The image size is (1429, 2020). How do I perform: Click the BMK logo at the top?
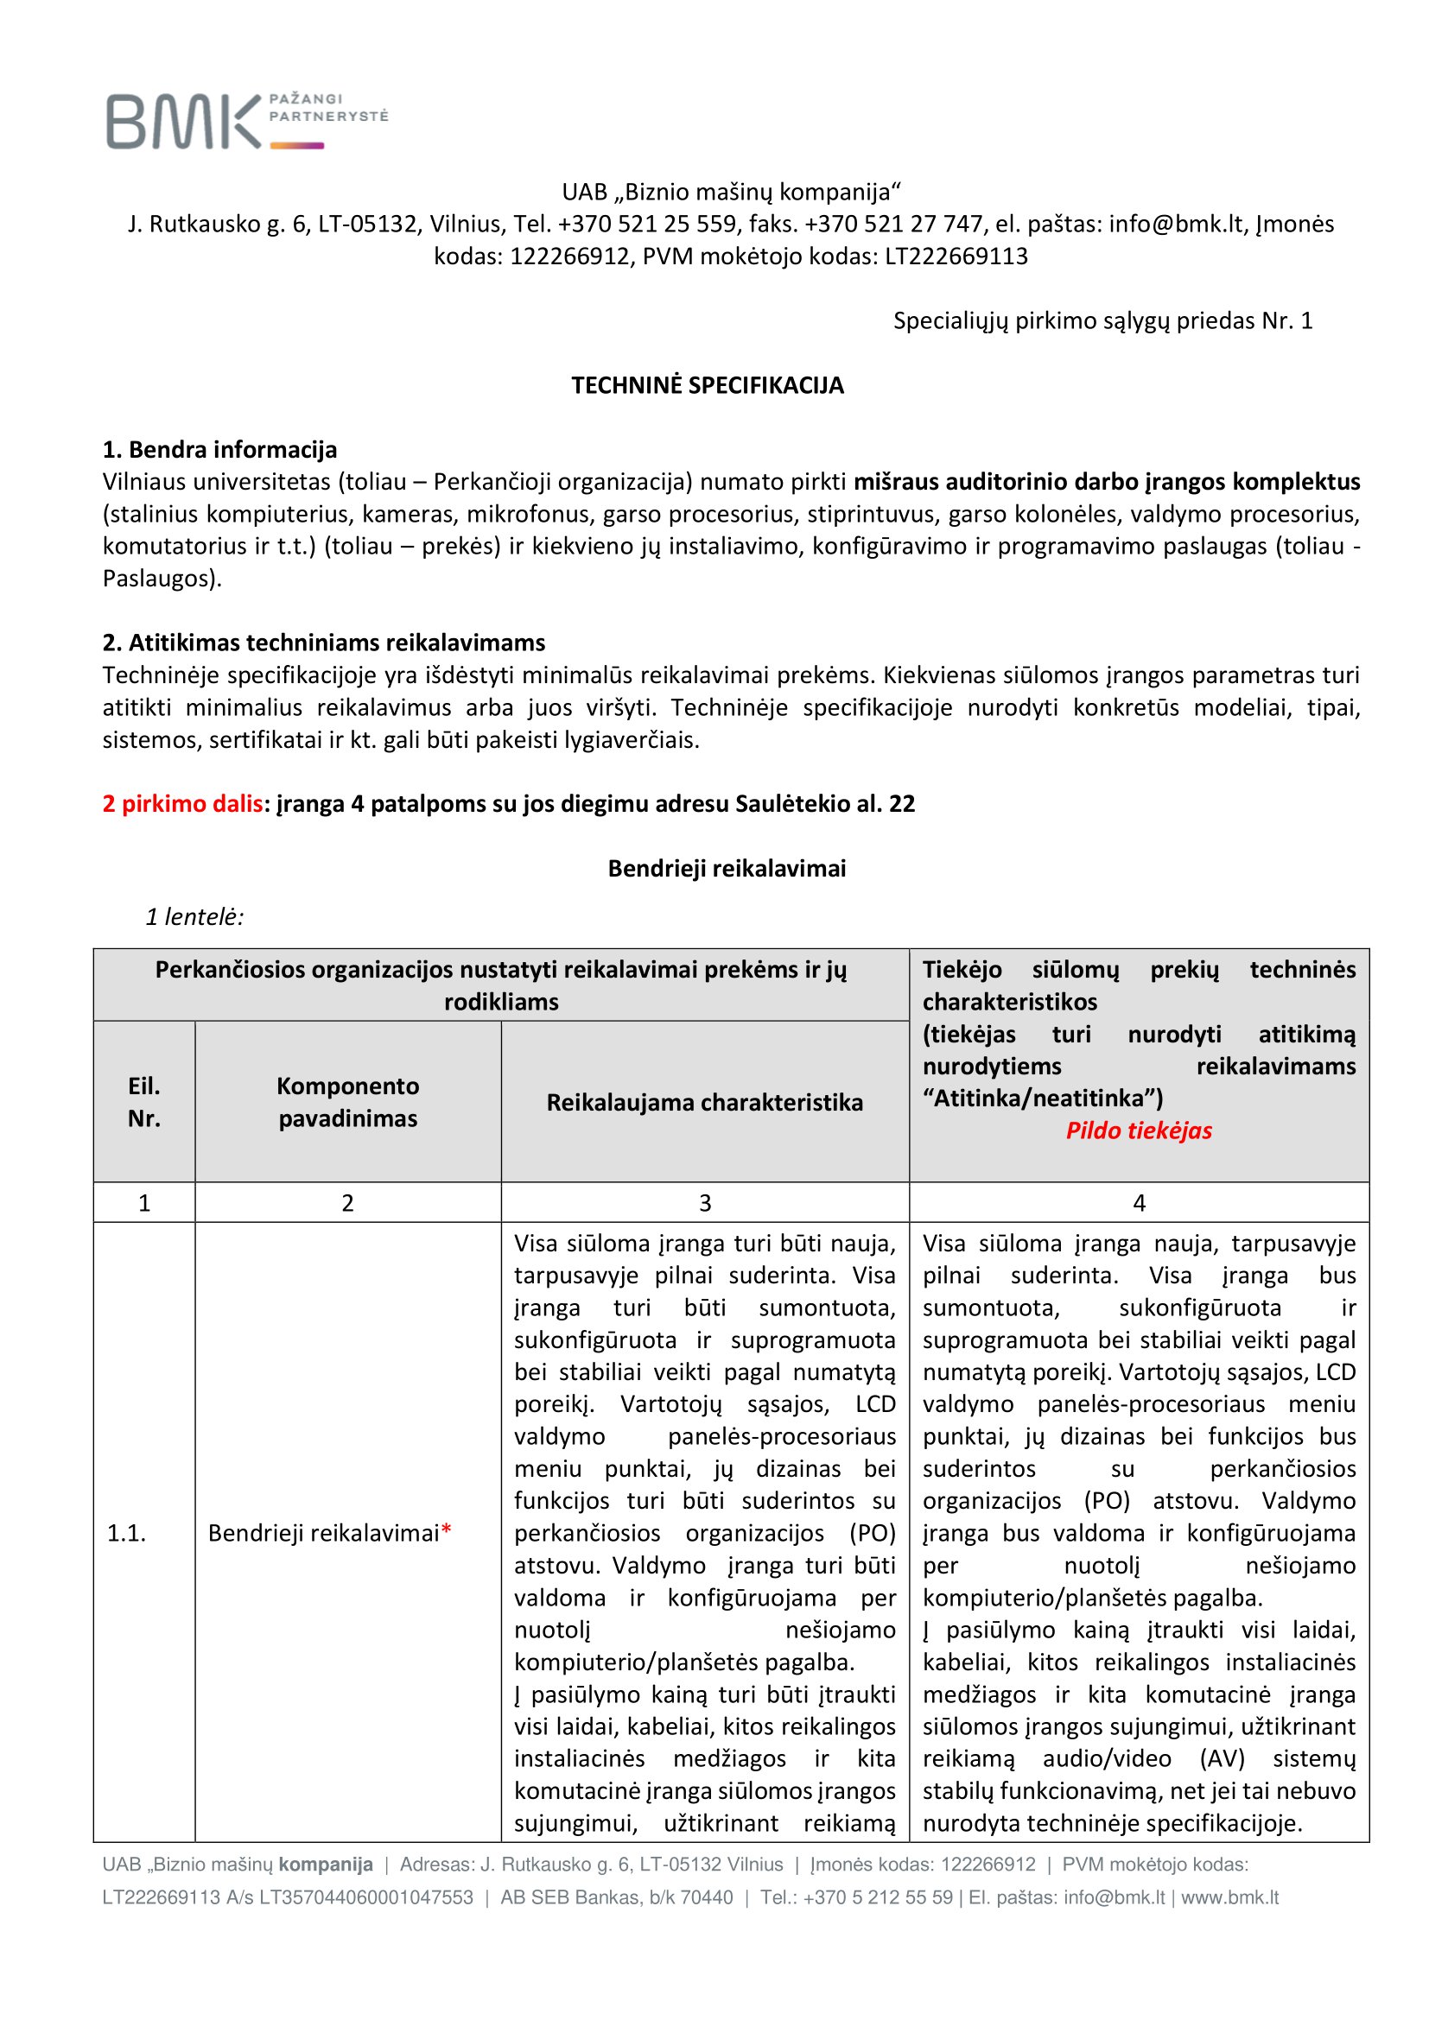coord(246,121)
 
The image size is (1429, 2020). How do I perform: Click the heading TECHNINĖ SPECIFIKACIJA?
coord(708,385)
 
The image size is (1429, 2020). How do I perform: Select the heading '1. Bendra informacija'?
coord(220,450)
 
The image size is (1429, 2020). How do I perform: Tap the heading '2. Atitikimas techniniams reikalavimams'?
coord(324,643)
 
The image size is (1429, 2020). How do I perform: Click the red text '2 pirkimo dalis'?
coord(182,803)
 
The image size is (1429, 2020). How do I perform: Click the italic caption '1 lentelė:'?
coord(194,917)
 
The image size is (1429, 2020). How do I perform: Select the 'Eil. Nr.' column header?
coord(144,1101)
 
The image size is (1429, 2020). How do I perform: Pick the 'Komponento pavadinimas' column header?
coord(347,1101)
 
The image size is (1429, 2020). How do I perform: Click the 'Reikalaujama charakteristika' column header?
coord(705,1102)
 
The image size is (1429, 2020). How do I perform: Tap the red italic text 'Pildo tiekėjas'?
coord(1139,1130)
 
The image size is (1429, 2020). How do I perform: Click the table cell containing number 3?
coord(705,1203)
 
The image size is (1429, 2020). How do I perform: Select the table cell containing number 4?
coord(1139,1203)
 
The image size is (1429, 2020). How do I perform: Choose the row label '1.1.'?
coord(127,1533)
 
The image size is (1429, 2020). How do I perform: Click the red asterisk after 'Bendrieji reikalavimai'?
coord(446,1532)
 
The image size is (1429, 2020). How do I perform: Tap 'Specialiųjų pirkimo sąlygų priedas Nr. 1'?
coord(1102,321)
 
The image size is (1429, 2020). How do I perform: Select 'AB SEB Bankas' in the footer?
coord(559,1897)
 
